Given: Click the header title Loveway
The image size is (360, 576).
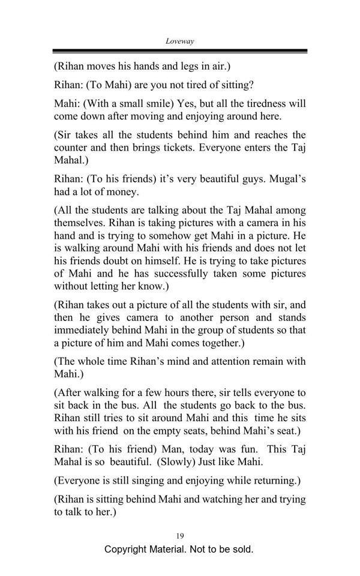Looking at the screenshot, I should tap(179, 41).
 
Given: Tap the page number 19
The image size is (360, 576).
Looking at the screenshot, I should tap(180, 535).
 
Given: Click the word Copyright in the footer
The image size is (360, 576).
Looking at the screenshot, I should tap(128, 549).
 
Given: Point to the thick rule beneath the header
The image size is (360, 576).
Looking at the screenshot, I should tap(179, 52).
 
